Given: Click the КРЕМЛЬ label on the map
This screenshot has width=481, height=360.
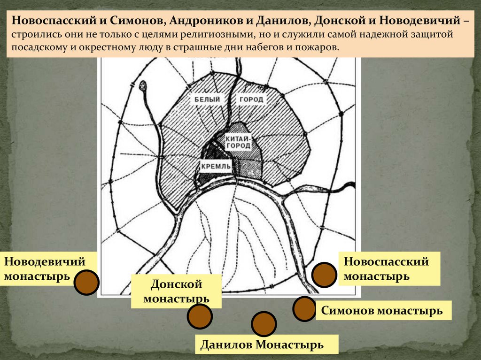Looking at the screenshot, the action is [216, 166].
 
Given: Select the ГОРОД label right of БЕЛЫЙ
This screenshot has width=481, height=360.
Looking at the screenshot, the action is [251, 100].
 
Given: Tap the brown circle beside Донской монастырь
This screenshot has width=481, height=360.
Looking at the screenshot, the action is [199, 316].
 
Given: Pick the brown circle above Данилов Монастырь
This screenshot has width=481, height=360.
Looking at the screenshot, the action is [264, 324].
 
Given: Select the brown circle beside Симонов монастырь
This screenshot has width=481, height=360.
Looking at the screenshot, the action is [304, 309].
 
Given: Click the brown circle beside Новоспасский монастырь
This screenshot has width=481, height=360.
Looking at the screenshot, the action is [325, 275].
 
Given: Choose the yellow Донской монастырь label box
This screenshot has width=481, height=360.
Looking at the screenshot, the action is [176, 291].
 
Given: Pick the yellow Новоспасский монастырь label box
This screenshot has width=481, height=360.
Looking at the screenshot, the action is [389, 268].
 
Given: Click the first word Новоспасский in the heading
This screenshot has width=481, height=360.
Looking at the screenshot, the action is [55, 22].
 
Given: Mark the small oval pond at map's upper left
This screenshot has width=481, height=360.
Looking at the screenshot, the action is [143, 85].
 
